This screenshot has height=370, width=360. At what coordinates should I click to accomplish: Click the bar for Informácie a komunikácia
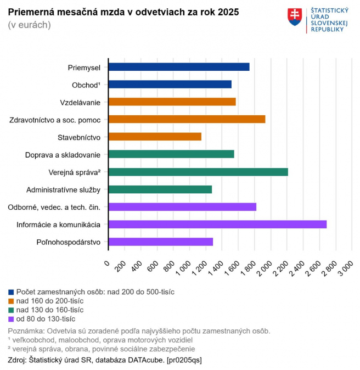[217, 224]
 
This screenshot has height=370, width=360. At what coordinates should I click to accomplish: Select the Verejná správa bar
[198, 172]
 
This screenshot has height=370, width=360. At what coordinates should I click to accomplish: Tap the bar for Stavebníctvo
[155, 137]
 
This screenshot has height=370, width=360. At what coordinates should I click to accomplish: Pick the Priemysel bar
[179, 67]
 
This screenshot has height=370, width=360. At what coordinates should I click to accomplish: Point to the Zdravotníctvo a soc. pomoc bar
[187, 119]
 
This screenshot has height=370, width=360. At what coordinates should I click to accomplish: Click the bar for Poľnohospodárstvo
[161, 242]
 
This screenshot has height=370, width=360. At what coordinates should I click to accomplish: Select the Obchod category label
[86, 85]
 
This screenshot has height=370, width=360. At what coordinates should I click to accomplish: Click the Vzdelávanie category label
[80, 102]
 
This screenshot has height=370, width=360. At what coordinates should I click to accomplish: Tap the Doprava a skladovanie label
[63, 154]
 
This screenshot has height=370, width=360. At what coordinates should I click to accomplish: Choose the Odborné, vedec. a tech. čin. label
[54, 207]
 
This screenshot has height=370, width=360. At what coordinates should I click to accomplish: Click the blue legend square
[12, 292]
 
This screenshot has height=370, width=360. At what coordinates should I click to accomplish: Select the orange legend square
[12, 301]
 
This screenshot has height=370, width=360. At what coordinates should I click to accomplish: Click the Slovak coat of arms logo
[295, 17]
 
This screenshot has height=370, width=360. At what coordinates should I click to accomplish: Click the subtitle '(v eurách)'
[29, 25]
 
